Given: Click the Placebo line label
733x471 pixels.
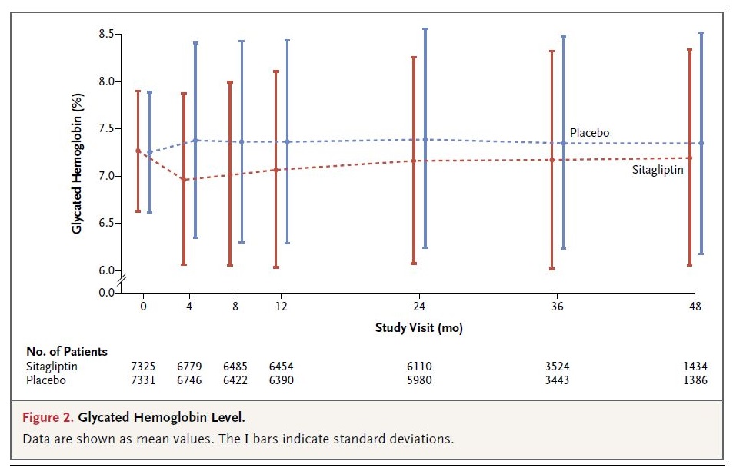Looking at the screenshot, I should coord(589,133).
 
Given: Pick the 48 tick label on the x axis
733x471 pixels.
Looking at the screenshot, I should coord(695,306).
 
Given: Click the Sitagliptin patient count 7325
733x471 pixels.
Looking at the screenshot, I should coord(143,367).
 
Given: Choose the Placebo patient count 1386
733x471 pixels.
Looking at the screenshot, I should coord(694,380).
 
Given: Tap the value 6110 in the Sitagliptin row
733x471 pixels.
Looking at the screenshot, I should coord(419,367).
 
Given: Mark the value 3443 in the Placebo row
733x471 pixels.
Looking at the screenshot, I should coord(557,380).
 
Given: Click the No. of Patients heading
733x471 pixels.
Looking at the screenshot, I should coord(67,351).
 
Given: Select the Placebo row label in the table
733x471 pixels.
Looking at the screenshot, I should coord(46,380).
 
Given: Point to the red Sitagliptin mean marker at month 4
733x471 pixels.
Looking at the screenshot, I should coord(184,180).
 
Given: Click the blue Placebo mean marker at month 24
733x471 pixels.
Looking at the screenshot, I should coord(425,139).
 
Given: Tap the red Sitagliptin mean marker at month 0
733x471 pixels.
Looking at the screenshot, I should coord(138,151).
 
